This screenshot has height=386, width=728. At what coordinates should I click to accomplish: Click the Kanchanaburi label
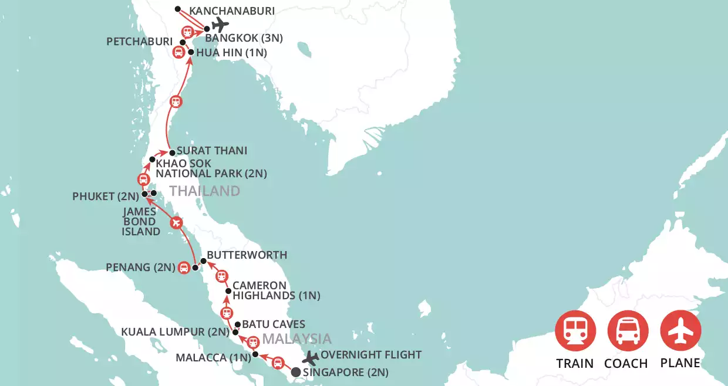point(232,11)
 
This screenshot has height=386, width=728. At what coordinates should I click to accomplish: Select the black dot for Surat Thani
point(172,151)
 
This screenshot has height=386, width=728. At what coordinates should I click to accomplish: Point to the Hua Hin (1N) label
point(232,53)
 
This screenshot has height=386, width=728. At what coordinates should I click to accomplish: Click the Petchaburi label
point(140,42)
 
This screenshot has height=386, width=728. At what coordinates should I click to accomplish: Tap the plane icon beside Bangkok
point(220,25)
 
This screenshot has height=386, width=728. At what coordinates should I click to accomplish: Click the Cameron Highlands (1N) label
point(276,290)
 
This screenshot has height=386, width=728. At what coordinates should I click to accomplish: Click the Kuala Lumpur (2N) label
point(175,332)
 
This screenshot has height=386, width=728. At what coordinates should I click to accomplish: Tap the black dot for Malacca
point(255,354)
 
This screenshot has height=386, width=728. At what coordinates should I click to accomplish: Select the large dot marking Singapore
point(296,371)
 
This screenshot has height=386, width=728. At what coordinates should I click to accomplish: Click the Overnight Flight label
point(371,354)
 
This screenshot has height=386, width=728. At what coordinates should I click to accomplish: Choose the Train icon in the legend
point(575,330)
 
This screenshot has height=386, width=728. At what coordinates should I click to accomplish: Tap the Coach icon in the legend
point(628,330)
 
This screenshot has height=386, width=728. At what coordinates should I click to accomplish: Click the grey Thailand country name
point(204,191)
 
